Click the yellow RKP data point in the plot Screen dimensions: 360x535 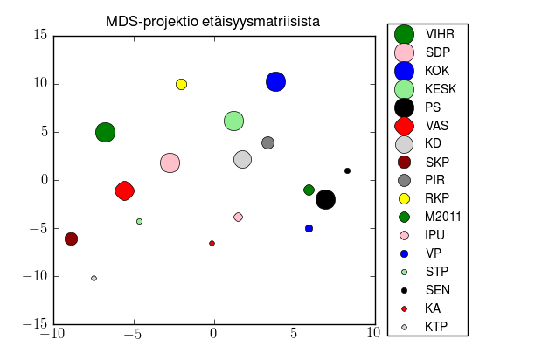[181, 84]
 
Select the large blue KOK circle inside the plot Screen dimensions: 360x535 [275, 82]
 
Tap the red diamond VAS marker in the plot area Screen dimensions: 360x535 [124, 190]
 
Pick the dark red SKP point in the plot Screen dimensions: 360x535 [71, 239]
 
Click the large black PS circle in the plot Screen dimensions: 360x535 [325, 199]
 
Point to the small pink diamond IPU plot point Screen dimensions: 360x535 [238, 217]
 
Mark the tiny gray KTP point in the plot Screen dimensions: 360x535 [94, 278]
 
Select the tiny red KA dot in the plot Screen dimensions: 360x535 [212, 243]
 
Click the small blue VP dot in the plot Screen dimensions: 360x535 [309, 228]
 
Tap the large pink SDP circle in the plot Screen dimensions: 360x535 [170, 163]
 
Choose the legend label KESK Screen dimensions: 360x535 [441, 89]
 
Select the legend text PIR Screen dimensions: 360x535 [435, 180]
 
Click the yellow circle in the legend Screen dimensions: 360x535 [404, 198]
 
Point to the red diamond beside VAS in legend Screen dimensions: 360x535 [404, 125]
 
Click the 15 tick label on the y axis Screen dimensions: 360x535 [38, 36]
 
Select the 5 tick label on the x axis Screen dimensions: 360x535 [295, 334]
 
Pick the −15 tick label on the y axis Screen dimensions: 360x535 [35, 324]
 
